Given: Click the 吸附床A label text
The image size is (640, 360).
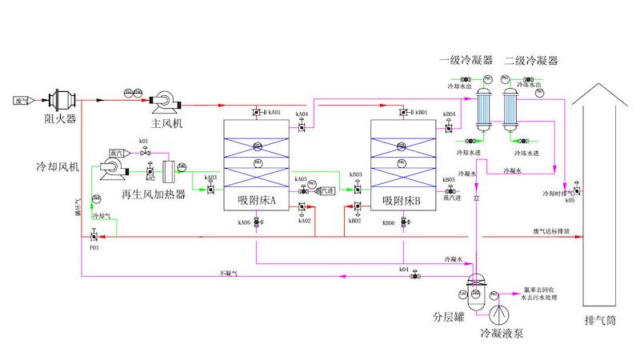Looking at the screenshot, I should coord(257,201).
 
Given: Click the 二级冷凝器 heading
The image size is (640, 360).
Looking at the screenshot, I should coord(531,61).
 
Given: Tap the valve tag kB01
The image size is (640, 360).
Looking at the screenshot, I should coord(422,113).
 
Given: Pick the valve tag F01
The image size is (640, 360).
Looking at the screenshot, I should coord(94,249).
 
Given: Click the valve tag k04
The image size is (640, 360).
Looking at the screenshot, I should coord(405,270).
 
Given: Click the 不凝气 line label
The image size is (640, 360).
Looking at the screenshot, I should coord(229,274).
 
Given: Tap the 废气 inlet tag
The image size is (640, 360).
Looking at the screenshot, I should coord(22,100).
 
